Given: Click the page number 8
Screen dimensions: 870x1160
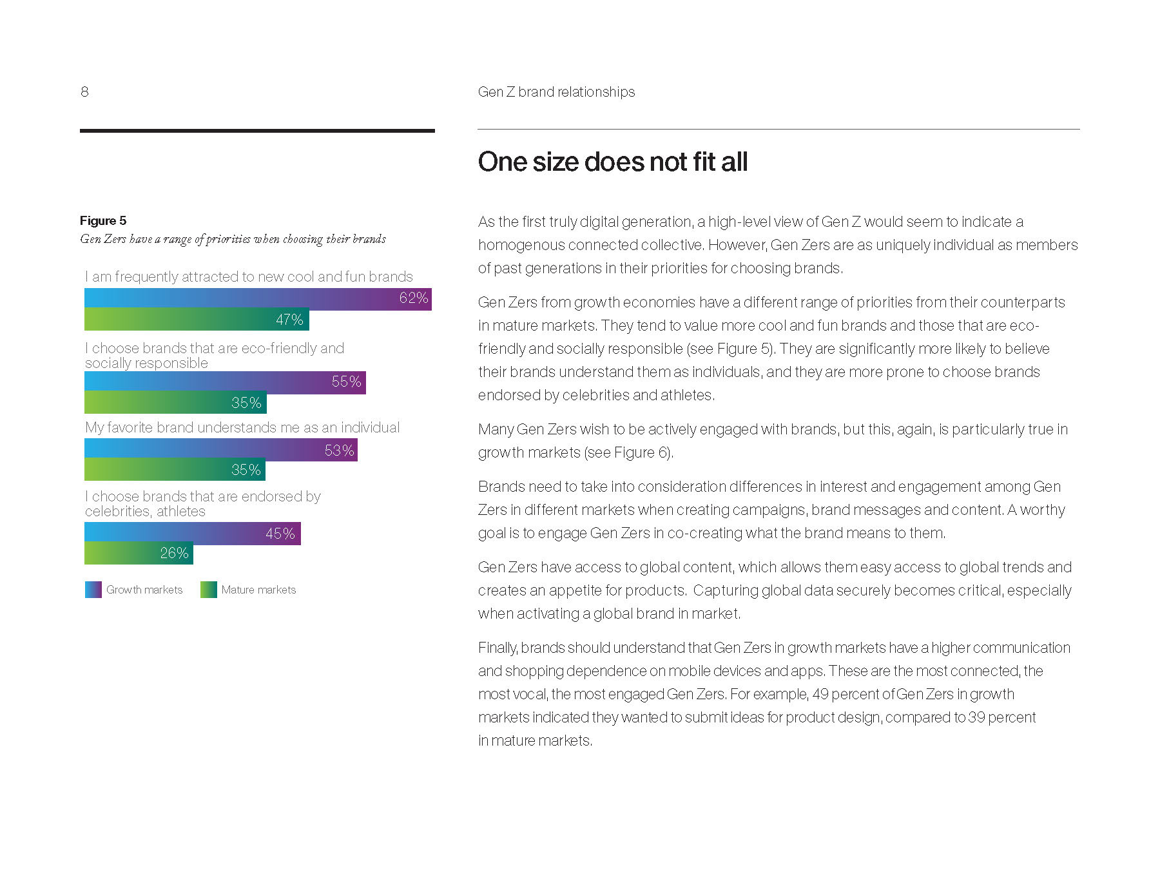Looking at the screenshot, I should pos(84,92).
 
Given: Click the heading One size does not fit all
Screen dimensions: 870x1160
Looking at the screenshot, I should pos(612,162).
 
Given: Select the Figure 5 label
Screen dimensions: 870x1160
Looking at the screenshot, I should pos(103,220).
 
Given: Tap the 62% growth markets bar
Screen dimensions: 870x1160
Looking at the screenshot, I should pos(258,299).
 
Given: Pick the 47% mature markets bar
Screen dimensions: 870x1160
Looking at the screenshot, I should pos(197,320).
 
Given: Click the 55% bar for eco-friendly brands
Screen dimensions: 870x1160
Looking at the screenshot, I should pos(225,382).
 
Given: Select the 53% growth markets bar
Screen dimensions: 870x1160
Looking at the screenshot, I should pos(220,450).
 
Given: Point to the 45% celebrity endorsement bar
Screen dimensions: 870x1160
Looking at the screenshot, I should pos(192,534).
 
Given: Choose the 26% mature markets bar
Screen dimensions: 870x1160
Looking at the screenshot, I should pos(139,553).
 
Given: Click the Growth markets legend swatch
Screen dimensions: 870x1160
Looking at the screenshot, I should pos(93,590).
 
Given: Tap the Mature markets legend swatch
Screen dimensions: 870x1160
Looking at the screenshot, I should pos(208,590).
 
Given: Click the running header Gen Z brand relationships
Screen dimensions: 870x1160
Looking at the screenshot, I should pos(556,92).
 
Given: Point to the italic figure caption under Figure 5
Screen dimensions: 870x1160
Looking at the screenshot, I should pos(233,239).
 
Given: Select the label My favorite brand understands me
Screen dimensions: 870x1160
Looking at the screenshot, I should pos(242,427).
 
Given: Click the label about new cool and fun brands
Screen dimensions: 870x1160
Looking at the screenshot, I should pos(249,276).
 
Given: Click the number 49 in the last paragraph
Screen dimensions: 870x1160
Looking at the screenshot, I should pos(820,694).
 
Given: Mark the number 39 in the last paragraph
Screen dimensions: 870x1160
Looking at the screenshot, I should pos(976,717).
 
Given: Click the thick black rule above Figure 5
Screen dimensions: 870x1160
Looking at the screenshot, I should pos(257,131).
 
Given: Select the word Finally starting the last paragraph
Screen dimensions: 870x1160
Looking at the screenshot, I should pos(498,648).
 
